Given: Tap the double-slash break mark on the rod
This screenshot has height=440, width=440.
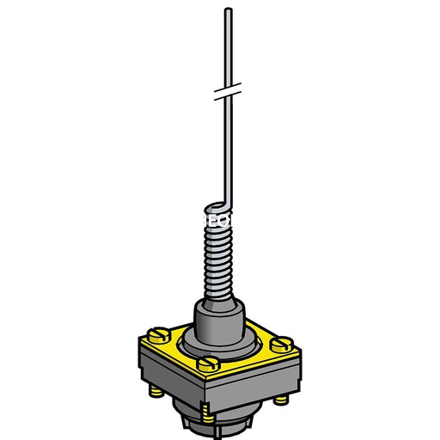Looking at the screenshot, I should [x=225, y=89].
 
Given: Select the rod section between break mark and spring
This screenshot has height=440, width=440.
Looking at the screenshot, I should [x=224, y=146].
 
